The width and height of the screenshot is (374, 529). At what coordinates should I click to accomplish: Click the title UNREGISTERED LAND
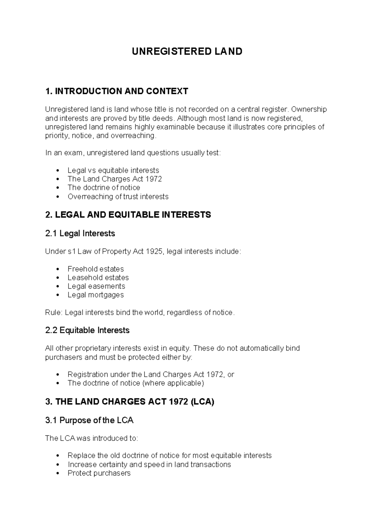tap(187, 51)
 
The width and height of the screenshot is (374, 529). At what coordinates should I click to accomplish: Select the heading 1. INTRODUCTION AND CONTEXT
tap(117, 91)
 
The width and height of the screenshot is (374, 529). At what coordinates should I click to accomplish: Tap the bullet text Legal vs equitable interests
tap(113, 170)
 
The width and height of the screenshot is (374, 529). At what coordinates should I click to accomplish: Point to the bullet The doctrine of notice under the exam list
tap(104, 188)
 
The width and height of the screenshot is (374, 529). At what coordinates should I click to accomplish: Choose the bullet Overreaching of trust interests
tap(118, 197)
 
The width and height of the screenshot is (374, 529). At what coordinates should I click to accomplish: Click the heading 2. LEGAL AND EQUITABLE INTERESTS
tap(128, 215)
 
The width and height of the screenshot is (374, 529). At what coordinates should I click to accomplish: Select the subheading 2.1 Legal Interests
tap(80, 233)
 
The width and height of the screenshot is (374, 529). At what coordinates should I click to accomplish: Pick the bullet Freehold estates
tap(96, 269)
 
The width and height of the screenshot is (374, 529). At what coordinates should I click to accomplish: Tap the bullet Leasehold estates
tap(98, 278)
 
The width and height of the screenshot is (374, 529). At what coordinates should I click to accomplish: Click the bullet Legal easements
tap(96, 286)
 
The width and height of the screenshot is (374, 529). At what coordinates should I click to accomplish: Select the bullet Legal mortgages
tap(96, 295)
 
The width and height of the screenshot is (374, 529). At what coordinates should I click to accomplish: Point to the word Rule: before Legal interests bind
tap(54, 313)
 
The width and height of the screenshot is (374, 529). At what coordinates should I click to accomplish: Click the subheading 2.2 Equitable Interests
tap(87, 330)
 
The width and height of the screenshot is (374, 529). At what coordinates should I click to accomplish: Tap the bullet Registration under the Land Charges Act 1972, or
tap(151, 374)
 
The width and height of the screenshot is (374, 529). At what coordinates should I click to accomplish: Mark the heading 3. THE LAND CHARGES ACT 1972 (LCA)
tap(130, 402)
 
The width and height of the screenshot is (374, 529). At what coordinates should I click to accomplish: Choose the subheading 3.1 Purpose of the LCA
tap(89, 420)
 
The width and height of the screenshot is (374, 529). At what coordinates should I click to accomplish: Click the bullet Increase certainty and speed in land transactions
tap(149, 464)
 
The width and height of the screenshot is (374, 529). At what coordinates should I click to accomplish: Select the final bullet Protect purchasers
tap(99, 473)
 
